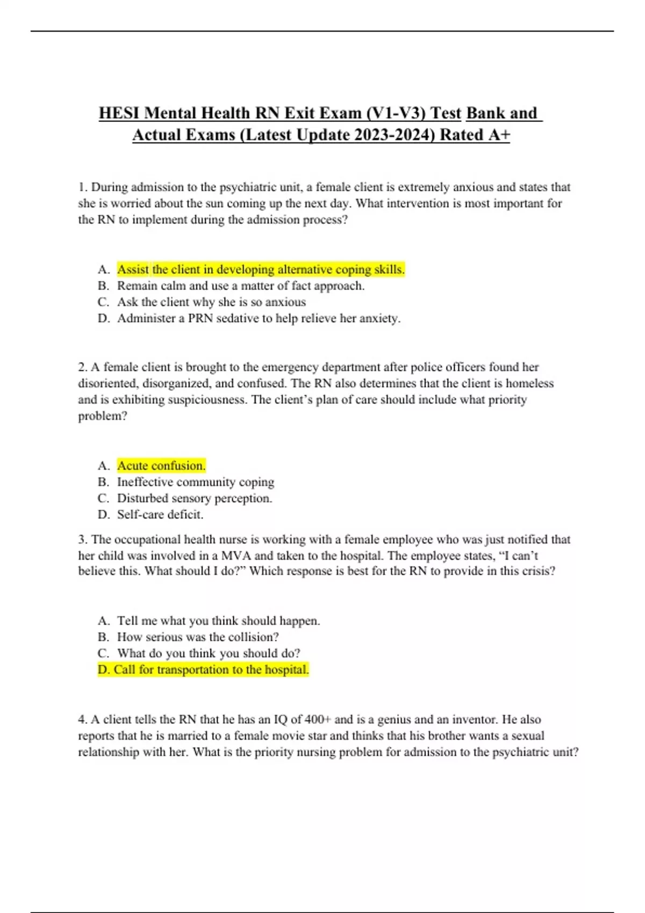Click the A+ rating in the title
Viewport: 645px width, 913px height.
[499, 135]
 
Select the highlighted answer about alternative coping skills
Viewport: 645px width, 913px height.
[261, 270]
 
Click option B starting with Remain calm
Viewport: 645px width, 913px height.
[240, 286]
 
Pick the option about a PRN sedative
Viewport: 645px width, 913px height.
[259, 318]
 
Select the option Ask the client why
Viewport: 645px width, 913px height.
[211, 302]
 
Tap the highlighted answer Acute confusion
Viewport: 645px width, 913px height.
[161, 466]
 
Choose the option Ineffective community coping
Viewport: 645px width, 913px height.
[195, 482]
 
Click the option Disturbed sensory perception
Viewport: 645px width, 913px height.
[194, 498]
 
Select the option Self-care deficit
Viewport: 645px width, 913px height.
[160, 515]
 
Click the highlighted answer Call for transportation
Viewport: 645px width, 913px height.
[203, 670]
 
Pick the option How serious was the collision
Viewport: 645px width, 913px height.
[198, 637]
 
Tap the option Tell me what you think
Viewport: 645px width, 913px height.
[218, 621]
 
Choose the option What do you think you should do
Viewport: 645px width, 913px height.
[209, 654]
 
